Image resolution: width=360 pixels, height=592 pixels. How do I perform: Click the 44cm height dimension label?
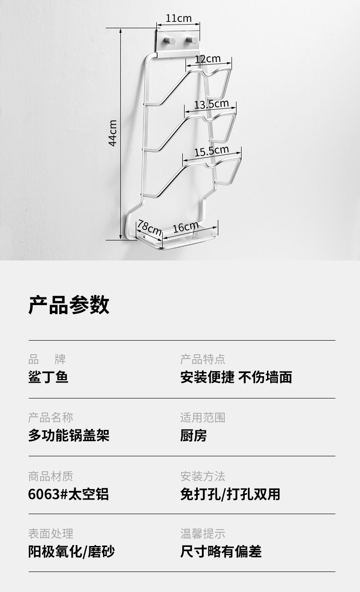coord(113,133)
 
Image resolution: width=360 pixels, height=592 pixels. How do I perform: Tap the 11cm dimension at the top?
coord(178,19)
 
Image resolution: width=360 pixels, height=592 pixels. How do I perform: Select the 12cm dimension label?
coord(208,59)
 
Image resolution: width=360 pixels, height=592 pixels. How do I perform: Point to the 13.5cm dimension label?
coord(211,104)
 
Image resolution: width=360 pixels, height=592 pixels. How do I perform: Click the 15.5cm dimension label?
coord(211,151)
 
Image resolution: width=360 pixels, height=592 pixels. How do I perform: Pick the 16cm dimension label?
coord(185,227)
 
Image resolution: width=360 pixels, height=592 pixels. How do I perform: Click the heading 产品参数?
coord(69,305)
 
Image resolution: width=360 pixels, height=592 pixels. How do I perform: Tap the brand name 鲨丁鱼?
coord(48,378)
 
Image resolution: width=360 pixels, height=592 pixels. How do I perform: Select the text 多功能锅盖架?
coord(69,436)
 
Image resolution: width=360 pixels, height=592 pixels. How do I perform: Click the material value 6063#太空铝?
coord(68,494)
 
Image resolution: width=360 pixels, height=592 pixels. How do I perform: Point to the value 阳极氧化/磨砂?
coord(72,552)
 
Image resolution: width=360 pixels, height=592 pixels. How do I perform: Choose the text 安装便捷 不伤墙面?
coord(236,378)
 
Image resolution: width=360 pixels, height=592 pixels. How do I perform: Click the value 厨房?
coord(194,436)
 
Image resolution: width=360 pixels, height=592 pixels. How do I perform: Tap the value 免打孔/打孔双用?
coord(230,494)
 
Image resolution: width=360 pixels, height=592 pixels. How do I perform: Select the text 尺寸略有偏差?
coord(221,552)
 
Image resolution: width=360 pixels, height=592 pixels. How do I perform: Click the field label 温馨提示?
coord(203,534)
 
